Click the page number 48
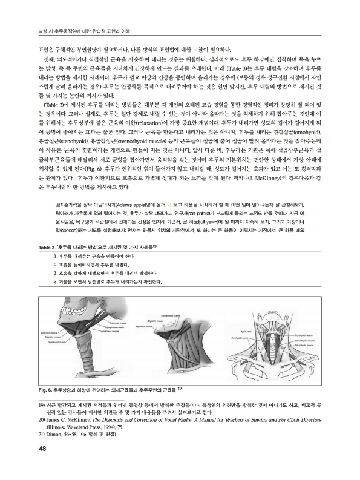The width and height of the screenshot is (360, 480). (25, 448)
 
